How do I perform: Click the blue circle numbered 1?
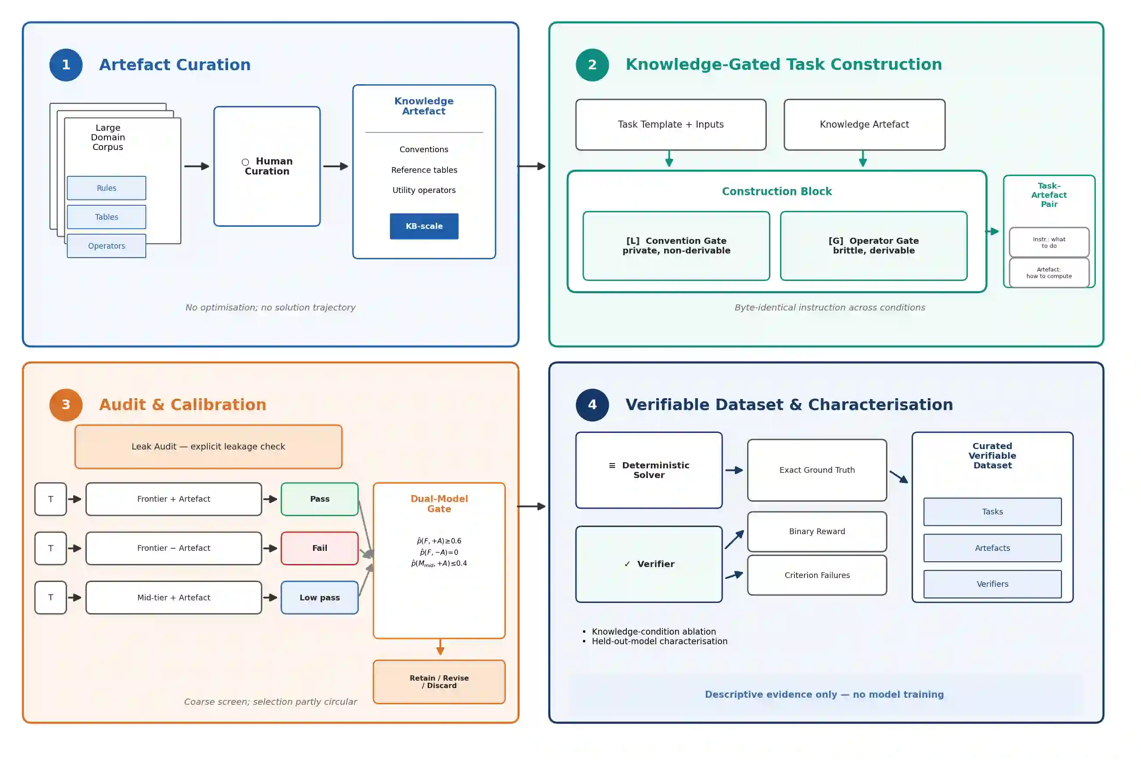(x=66, y=64)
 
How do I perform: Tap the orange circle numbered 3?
(x=66, y=405)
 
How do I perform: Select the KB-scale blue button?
(x=424, y=226)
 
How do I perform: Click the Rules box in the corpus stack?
(x=107, y=188)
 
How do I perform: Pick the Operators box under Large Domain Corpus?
(x=107, y=246)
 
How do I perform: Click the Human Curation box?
(x=267, y=166)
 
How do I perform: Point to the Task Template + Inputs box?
(x=671, y=125)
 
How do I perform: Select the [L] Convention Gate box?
(x=676, y=246)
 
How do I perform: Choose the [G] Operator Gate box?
(x=873, y=246)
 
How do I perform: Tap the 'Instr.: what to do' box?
(x=1049, y=243)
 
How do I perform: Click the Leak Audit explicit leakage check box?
(x=208, y=446)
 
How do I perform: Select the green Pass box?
(x=319, y=499)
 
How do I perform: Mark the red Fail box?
(x=319, y=548)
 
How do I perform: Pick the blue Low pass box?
(x=319, y=598)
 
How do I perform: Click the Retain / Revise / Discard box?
(x=439, y=682)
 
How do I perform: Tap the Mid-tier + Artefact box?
(x=174, y=598)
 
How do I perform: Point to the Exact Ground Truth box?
(x=817, y=470)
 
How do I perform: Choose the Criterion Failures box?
(x=817, y=575)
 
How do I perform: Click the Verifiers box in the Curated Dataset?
(x=992, y=584)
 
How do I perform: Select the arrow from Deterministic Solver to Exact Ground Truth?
(x=734, y=470)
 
